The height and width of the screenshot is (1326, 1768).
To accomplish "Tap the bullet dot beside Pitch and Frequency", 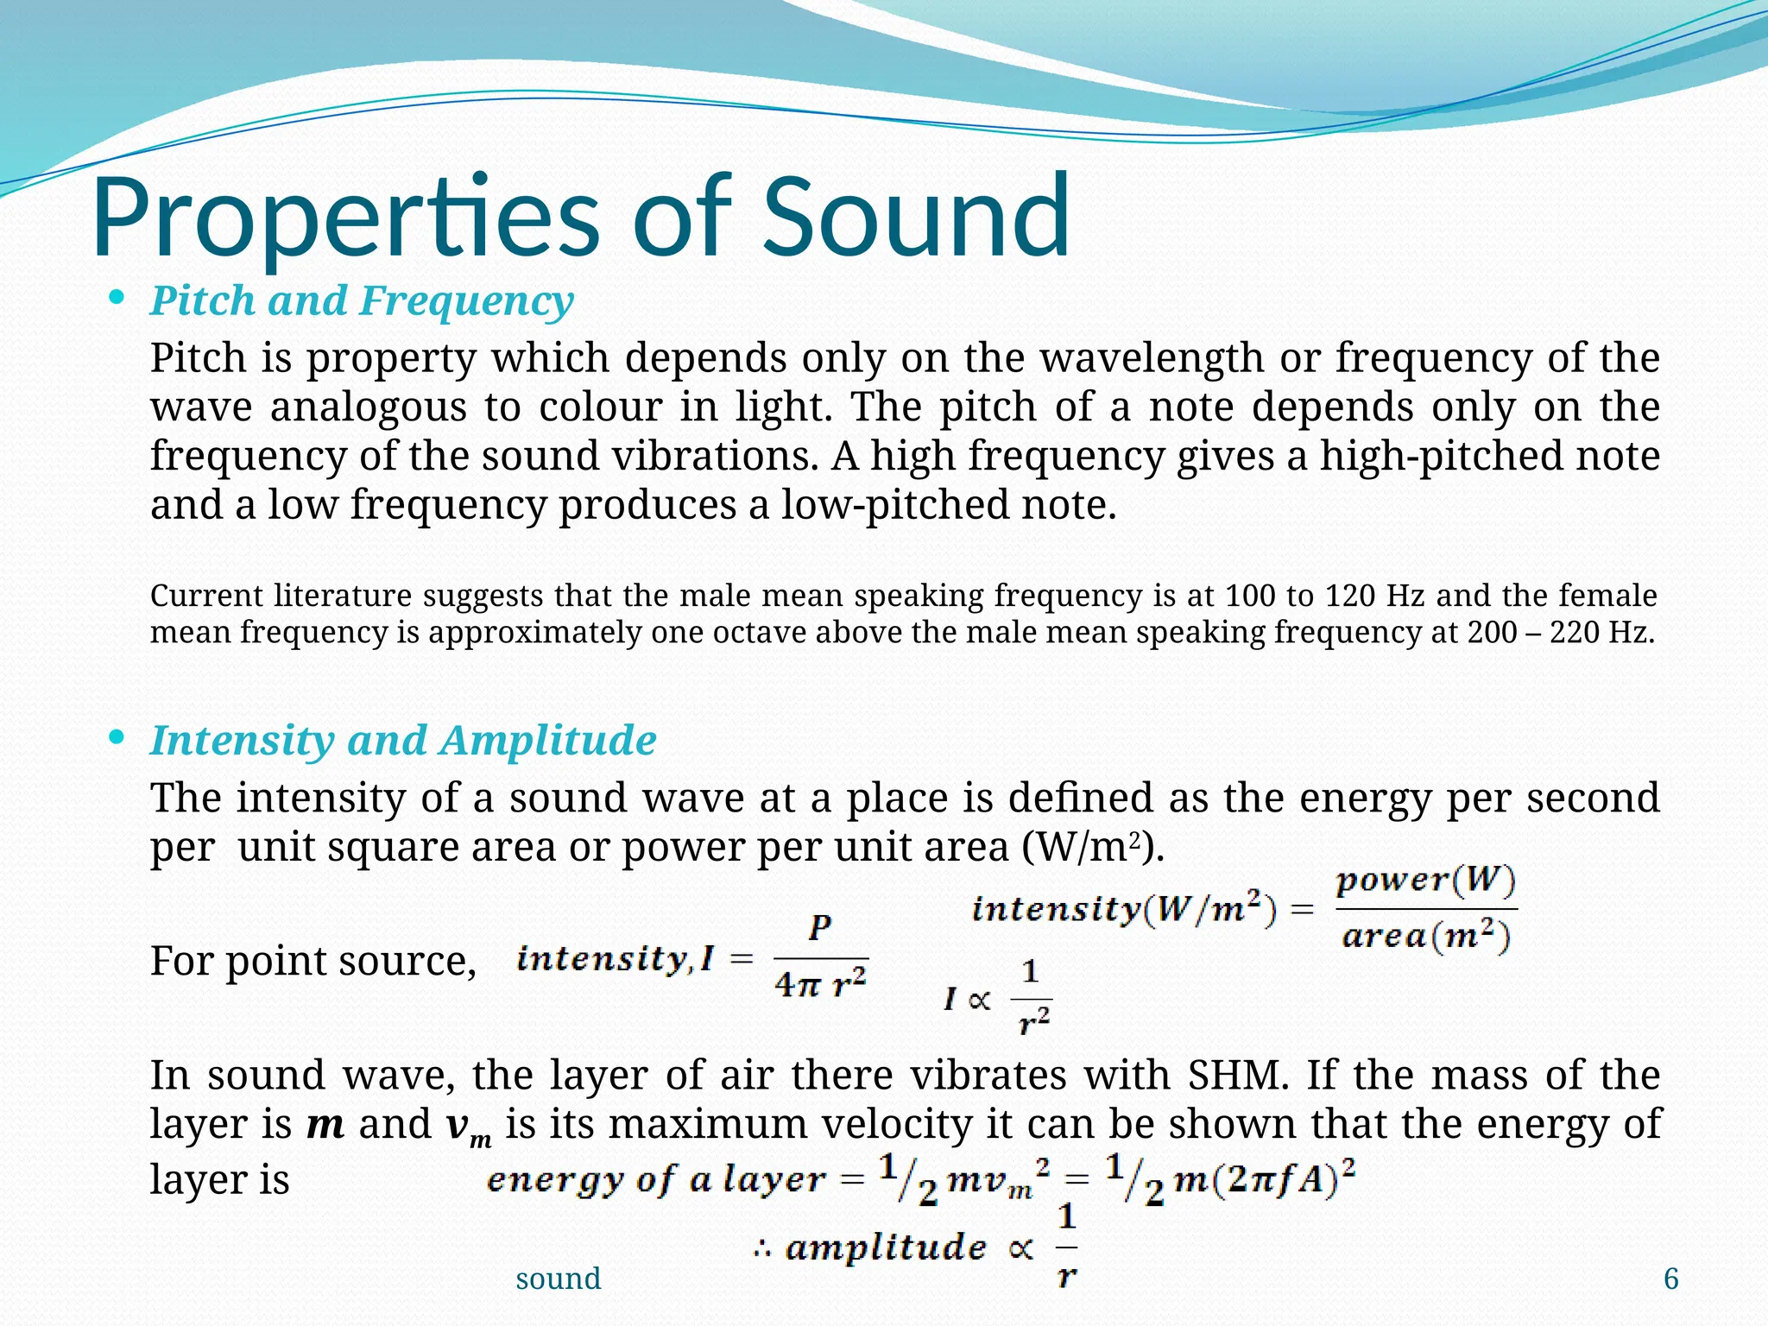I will [117, 299].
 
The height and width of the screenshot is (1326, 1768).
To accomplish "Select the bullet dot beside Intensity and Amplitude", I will [117, 738].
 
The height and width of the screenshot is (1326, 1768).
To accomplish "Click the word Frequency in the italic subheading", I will [466, 301].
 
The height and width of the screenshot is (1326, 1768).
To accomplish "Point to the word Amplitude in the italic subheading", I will [547, 741].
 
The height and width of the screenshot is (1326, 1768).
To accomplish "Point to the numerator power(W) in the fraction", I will [1425, 881].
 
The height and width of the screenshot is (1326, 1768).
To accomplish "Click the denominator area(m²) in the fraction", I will [1425, 937].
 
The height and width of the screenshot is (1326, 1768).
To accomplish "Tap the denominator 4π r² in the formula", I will [820, 983].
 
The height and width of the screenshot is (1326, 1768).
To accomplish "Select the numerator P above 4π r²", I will [820, 928].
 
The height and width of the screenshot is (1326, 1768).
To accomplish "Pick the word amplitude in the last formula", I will [885, 1248].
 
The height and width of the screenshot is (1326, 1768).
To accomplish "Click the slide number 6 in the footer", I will [1670, 1279].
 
